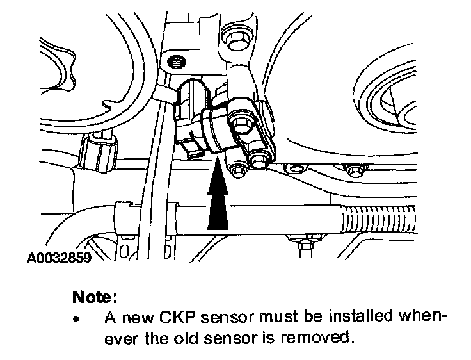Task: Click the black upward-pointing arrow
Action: (x=218, y=195)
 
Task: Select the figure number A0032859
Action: (x=58, y=259)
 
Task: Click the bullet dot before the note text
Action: (x=77, y=318)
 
